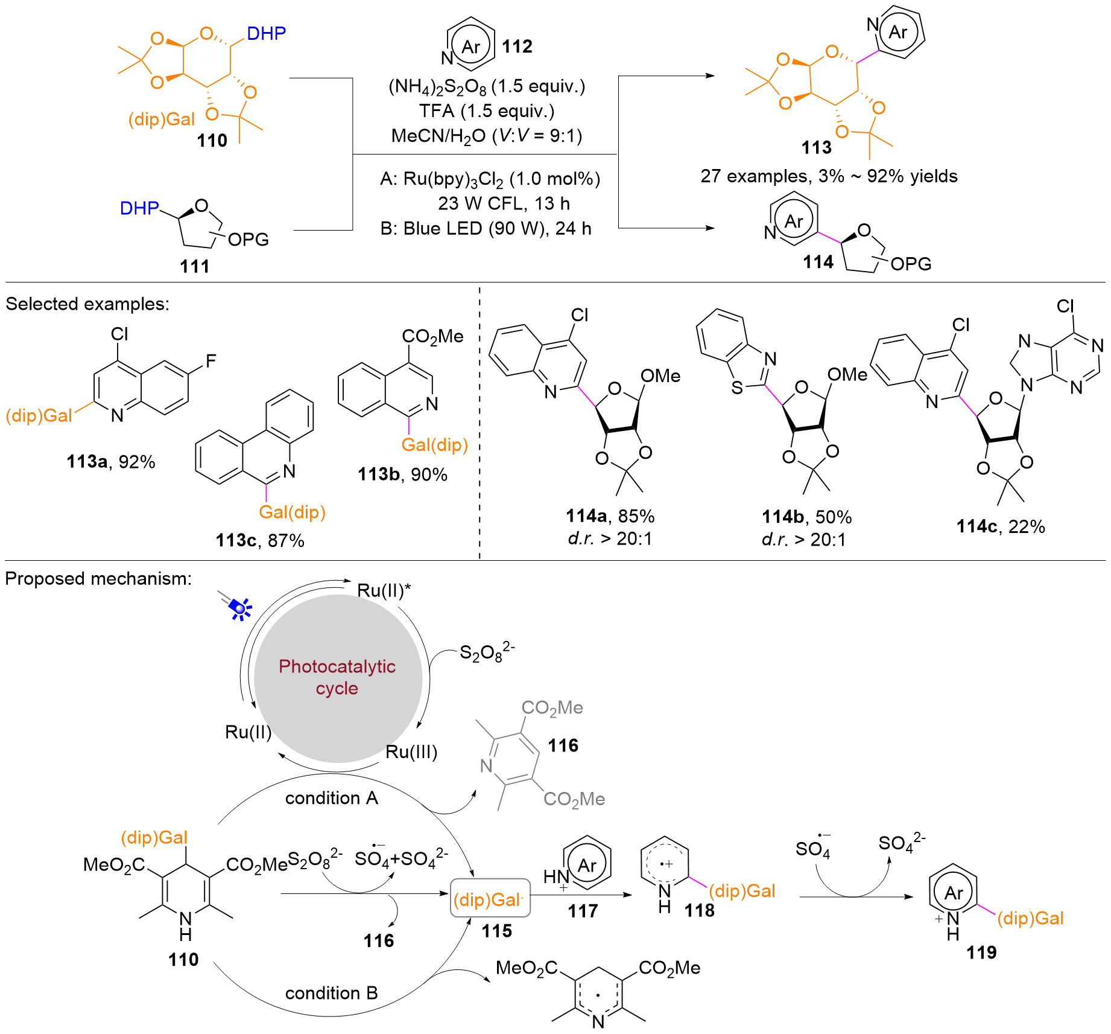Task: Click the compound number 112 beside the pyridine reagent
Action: pos(517,46)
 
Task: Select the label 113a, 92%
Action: pos(111,462)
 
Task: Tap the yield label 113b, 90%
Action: pos(402,474)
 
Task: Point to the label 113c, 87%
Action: pos(260,540)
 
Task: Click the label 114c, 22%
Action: pos(1000,526)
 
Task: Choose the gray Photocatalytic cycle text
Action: pos(337,677)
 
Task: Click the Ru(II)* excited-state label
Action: pos(384,590)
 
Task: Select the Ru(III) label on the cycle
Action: pos(411,752)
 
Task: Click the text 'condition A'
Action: pos(331,798)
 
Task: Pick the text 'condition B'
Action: pos(331,993)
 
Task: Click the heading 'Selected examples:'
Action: pos(87,304)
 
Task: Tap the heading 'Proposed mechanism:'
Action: pos(98,578)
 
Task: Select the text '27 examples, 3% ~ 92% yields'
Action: pos(829,176)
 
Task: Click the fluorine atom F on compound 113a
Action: pos(210,361)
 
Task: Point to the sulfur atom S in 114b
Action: pos(736,388)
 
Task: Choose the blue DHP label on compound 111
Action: pos(139,208)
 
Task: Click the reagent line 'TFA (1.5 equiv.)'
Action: pos(487,111)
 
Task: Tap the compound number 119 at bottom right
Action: pos(981,953)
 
